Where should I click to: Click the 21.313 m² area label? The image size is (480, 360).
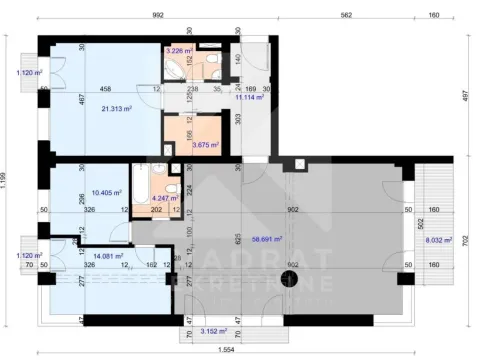[118, 110]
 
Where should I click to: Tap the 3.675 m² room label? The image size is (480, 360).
[207, 145]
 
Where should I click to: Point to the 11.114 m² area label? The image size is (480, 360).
[249, 98]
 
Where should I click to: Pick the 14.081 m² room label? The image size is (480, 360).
[106, 256]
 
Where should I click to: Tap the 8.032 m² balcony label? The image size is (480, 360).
[439, 240]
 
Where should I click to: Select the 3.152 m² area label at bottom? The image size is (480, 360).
[214, 331]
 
